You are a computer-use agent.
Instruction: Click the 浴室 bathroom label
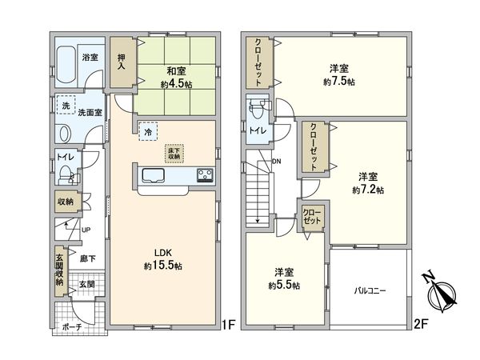click(x=90, y=58)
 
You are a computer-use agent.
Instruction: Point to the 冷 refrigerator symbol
click(x=148, y=130)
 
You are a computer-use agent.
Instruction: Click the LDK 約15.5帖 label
click(x=163, y=259)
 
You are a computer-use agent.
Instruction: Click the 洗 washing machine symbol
click(x=66, y=105)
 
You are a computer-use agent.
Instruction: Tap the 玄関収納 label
click(x=60, y=266)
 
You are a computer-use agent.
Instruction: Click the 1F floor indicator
click(x=229, y=325)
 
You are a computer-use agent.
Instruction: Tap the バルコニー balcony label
click(x=370, y=291)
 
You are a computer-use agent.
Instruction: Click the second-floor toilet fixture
click(x=257, y=109)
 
